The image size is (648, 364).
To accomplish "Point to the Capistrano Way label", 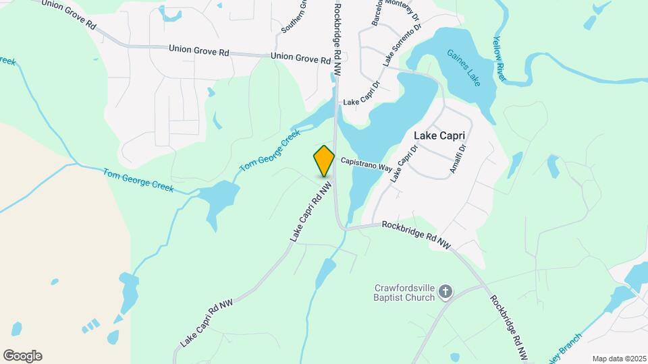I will (367, 163).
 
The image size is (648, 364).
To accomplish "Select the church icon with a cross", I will (444, 291).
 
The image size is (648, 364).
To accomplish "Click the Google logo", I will (22, 356).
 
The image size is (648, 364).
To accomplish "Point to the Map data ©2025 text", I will (619, 358).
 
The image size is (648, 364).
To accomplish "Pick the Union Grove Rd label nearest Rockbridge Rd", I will (300, 59).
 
